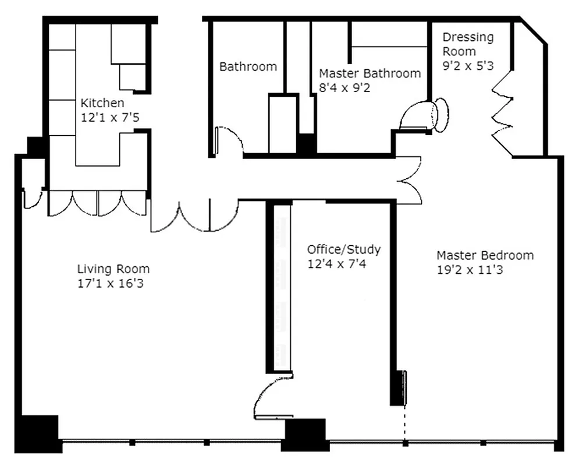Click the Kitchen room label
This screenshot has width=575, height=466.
pos(102,103)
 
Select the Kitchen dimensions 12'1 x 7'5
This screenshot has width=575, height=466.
pos(111,117)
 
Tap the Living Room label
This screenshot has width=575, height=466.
pos(113,269)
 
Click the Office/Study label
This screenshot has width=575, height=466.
pos(344,250)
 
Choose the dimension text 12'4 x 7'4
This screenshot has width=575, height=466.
pos(337,264)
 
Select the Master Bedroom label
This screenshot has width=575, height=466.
pos(485,255)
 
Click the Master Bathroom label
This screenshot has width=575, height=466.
pos(370,73)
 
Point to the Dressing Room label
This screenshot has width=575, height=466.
pos(467,44)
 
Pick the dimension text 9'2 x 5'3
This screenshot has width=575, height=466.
pos(467,65)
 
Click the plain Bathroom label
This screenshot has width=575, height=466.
pos(248,66)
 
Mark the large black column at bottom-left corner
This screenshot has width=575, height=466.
pos(39,433)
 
